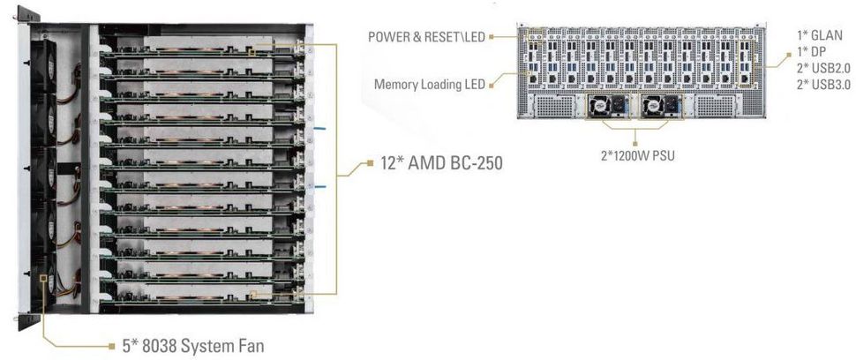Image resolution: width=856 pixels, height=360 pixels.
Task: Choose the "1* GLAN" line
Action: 820,36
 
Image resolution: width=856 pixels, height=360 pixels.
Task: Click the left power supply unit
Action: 604,108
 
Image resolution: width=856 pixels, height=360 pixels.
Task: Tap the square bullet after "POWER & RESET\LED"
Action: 492,36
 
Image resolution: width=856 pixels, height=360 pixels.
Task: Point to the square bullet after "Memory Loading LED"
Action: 492,85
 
